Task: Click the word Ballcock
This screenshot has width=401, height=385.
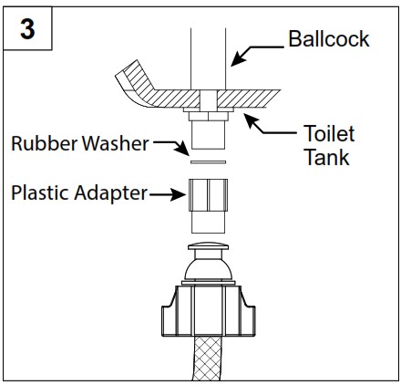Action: coord(329,39)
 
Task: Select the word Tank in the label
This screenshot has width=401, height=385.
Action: coord(325,157)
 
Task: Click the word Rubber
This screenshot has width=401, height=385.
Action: coord(41,143)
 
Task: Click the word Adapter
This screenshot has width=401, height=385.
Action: coord(113,192)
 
